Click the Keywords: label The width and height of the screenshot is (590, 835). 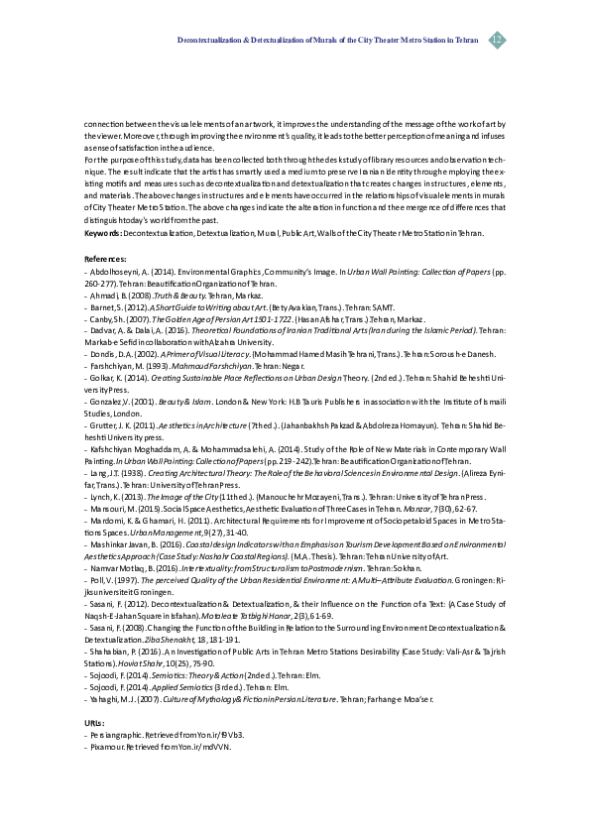[x=103, y=232]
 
